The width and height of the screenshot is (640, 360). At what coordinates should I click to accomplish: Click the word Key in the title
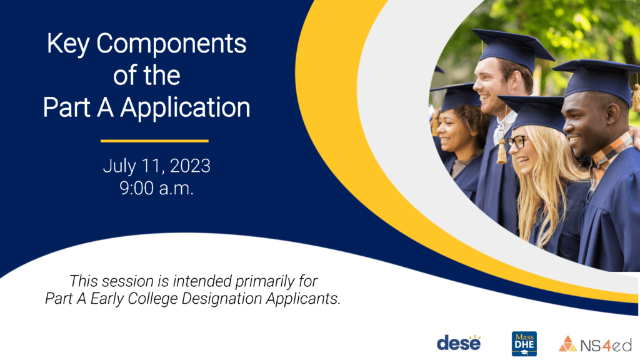pos(67,44)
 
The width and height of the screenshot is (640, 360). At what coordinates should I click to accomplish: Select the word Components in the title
pos(171,43)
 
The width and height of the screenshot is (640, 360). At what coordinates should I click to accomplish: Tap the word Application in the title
pos(185,108)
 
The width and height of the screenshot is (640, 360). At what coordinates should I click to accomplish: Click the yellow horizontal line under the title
pos(154,141)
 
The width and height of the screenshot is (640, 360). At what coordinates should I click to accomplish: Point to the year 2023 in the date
pos(190,166)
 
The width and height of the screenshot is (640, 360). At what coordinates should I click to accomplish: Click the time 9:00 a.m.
pos(156,188)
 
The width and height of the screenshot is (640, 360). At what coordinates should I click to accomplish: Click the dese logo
pos(459,342)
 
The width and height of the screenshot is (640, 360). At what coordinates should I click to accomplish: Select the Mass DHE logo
pos(524,344)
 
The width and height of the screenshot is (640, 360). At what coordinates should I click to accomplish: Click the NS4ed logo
pos(595,344)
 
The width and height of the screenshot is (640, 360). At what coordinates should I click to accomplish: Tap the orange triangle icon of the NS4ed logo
pos(567,344)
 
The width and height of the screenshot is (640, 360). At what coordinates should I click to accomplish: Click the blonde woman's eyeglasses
pos(517,142)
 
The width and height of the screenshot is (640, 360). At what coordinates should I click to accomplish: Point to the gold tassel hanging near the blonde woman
pos(502,151)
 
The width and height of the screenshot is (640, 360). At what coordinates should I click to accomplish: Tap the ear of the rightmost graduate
pos(612,115)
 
